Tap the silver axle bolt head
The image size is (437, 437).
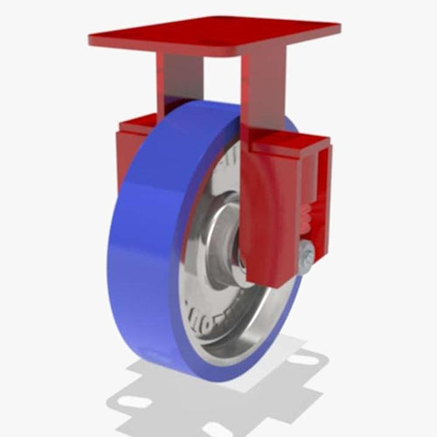(x=305, y=255)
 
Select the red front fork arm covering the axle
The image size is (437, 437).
(x=267, y=218)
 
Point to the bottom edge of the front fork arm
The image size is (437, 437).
(x=267, y=281)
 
